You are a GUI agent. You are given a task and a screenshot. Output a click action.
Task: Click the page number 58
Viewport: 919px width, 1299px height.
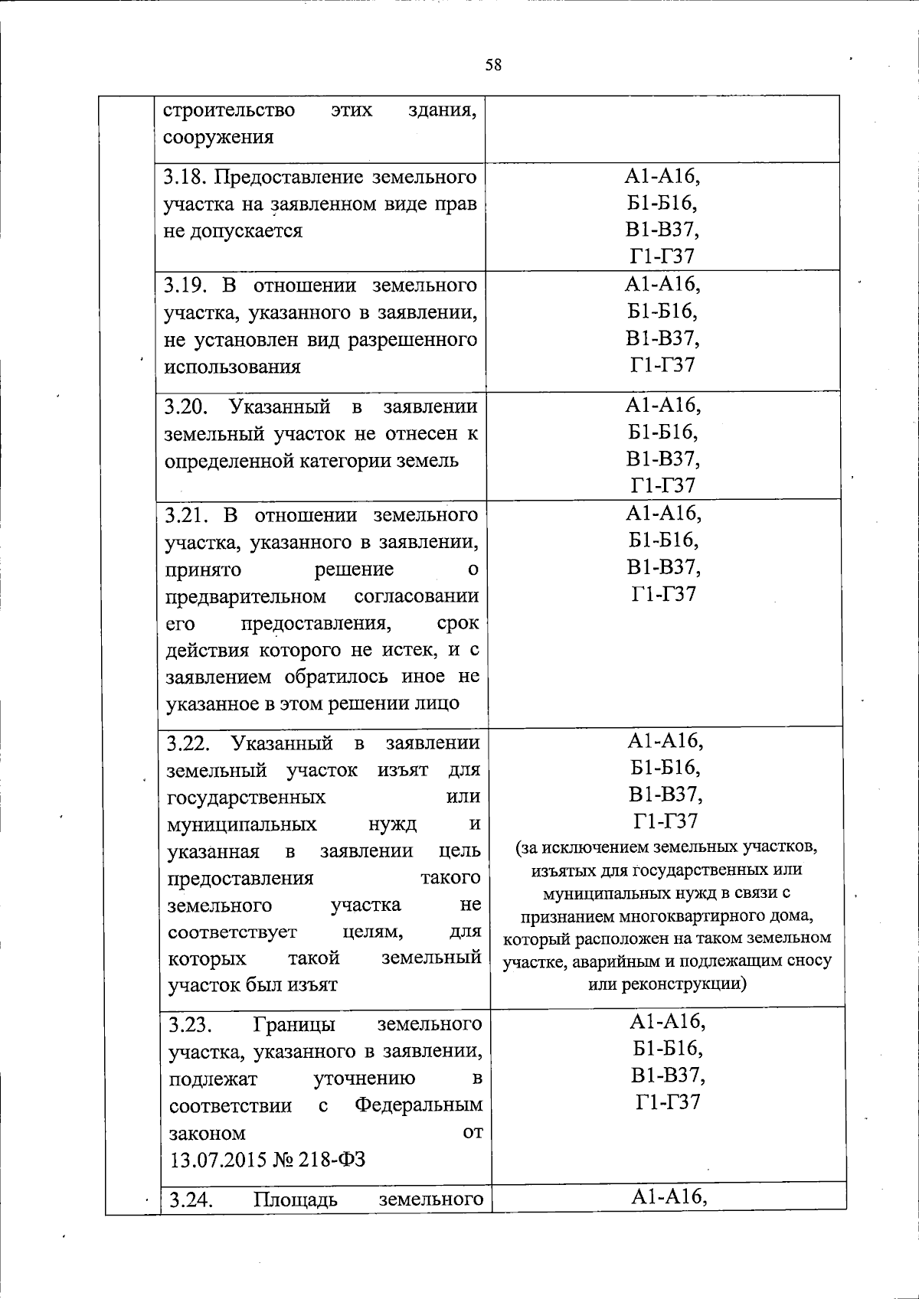tap(493, 65)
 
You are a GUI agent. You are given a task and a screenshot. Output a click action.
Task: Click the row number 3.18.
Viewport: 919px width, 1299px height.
tap(185, 178)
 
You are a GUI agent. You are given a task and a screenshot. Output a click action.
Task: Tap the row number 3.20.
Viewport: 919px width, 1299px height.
tap(185, 406)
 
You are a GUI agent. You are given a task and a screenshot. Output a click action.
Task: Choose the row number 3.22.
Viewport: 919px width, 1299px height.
tap(188, 743)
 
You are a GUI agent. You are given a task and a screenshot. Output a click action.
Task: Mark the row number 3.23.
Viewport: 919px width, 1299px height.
tap(189, 1024)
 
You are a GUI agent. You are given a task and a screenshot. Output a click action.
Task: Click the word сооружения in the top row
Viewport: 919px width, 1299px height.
tap(218, 138)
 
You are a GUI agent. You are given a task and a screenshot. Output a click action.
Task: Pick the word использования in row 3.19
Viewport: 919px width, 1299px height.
tap(233, 367)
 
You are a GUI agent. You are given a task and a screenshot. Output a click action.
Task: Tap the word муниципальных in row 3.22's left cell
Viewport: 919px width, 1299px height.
tap(242, 824)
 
